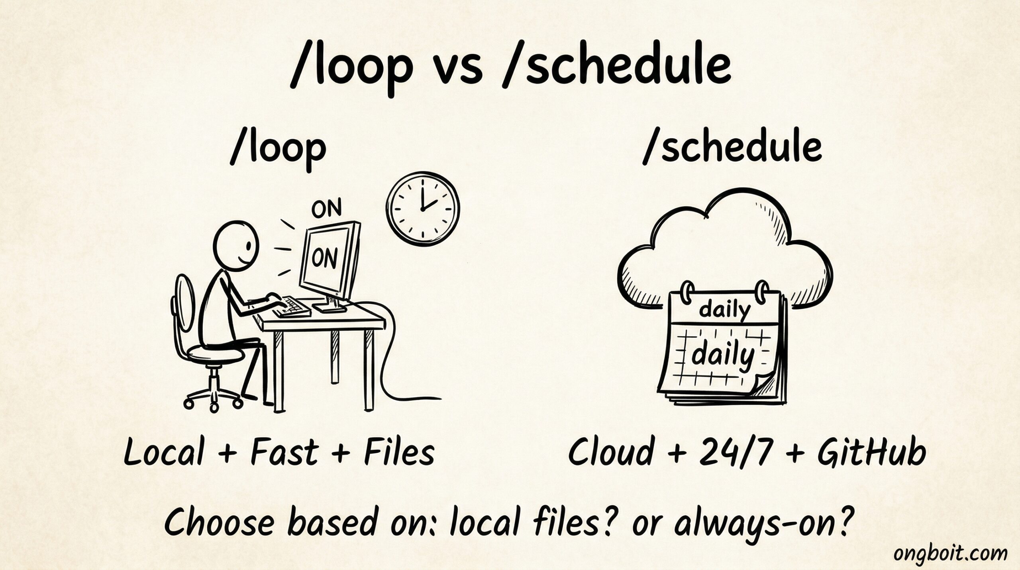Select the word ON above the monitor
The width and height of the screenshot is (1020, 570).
click(326, 209)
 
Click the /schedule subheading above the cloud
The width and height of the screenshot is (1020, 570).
click(732, 148)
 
